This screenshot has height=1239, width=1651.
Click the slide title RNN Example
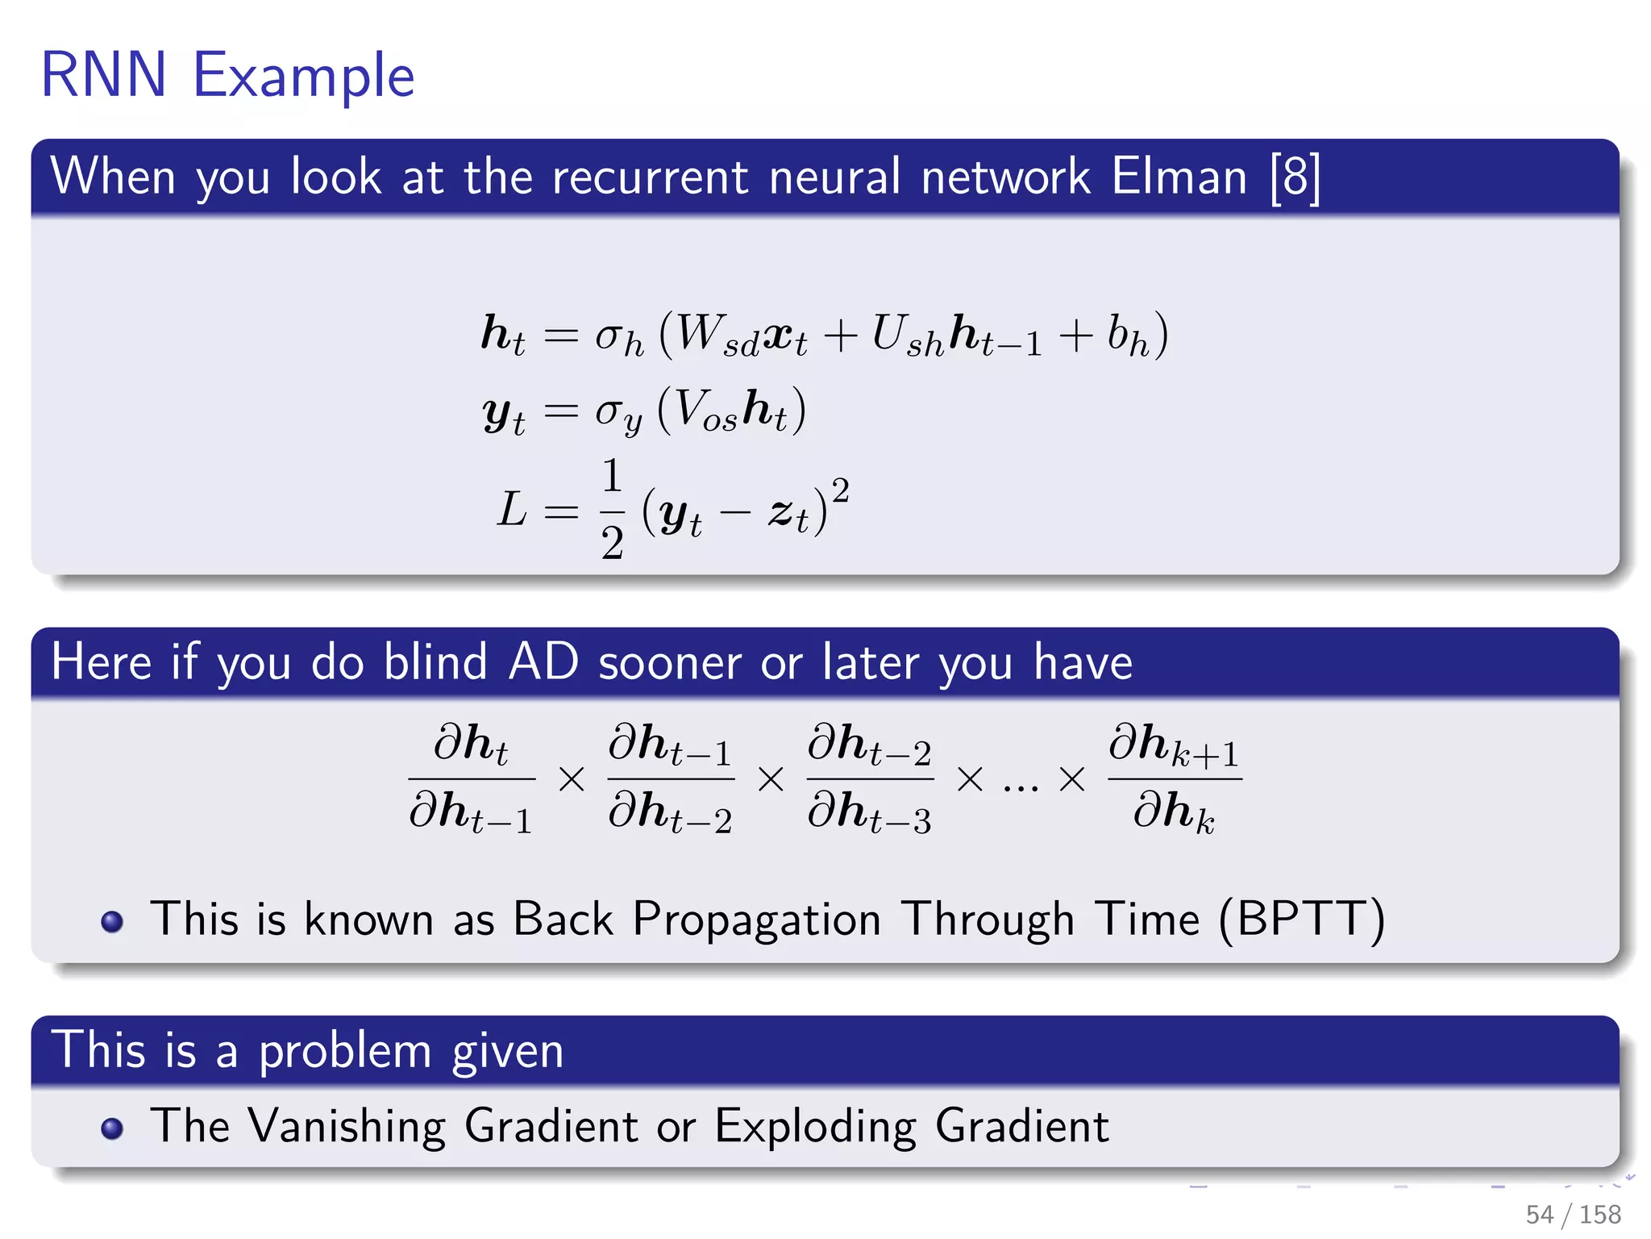pyautogui.click(x=227, y=75)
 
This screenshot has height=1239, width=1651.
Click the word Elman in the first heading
pyautogui.click(x=1179, y=177)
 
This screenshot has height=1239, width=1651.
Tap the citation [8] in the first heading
pyautogui.click(x=1295, y=177)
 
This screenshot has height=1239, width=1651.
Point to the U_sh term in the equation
pyautogui.click(x=907, y=335)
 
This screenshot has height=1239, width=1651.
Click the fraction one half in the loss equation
pyautogui.click(x=612, y=509)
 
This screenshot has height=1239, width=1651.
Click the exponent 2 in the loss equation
pyautogui.click(x=840, y=490)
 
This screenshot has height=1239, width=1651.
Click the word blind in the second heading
pyautogui.click(x=435, y=662)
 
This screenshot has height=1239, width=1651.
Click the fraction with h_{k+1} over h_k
pyautogui.click(x=1174, y=778)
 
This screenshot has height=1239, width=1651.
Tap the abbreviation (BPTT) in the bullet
pyautogui.click(x=1301, y=920)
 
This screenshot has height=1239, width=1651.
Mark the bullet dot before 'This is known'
pyautogui.click(x=112, y=921)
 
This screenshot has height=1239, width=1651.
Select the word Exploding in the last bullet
pyautogui.click(x=815, y=1126)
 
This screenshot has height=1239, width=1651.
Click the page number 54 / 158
pyautogui.click(x=1572, y=1214)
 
